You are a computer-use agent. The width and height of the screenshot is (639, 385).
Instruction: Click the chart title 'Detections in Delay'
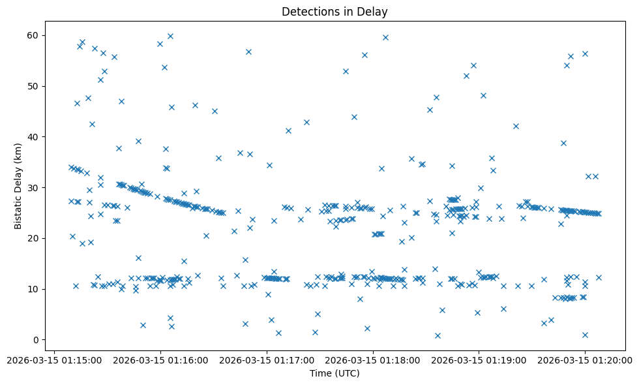pyautogui.click(x=334, y=11)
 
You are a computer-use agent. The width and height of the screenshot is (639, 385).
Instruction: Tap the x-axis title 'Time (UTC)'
pyautogui.click(x=334, y=373)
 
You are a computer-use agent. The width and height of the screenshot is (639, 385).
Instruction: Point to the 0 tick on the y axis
pyautogui.click(x=37, y=340)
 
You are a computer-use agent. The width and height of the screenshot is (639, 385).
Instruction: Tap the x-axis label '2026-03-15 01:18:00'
pyautogui.click(x=374, y=360)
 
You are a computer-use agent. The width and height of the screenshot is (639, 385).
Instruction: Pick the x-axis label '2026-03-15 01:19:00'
pyautogui.click(x=480, y=360)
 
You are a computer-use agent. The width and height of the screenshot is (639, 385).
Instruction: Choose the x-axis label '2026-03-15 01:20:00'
pyautogui.click(x=586, y=360)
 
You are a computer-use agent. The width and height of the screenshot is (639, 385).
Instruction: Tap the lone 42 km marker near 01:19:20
pyautogui.click(x=516, y=126)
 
